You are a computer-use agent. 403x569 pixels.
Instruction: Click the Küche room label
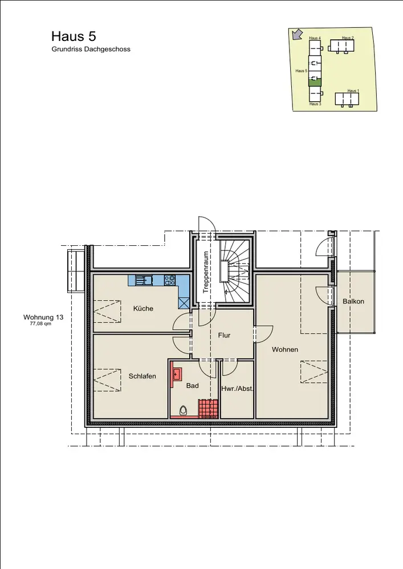(x=143, y=308)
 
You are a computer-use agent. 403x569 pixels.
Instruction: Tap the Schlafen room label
(x=142, y=376)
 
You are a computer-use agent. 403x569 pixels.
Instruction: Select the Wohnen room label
(x=285, y=349)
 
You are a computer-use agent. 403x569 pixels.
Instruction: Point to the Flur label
(x=224, y=335)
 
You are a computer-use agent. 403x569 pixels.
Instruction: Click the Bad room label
(x=192, y=385)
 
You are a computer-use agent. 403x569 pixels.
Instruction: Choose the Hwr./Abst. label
(x=237, y=389)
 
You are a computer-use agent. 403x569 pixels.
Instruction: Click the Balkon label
(x=353, y=301)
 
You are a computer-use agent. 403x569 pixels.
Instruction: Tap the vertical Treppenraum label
(x=206, y=272)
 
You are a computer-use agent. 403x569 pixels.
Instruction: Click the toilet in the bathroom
(x=184, y=411)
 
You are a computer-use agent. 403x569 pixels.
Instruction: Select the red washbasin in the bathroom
(x=177, y=374)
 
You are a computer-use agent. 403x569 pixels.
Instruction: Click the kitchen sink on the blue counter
(x=144, y=280)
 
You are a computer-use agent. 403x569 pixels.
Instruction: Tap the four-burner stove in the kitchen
(x=170, y=280)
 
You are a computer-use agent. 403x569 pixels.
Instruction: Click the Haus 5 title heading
(x=74, y=36)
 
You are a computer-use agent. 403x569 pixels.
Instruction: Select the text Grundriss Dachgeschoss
(x=91, y=49)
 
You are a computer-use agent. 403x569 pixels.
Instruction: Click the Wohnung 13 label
(x=43, y=317)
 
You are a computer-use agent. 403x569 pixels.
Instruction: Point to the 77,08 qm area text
(x=40, y=324)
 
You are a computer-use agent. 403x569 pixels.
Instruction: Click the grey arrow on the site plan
(x=298, y=34)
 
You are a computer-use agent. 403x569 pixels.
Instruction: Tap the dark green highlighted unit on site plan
(x=315, y=83)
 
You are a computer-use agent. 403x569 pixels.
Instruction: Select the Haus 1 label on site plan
(x=353, y=90)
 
